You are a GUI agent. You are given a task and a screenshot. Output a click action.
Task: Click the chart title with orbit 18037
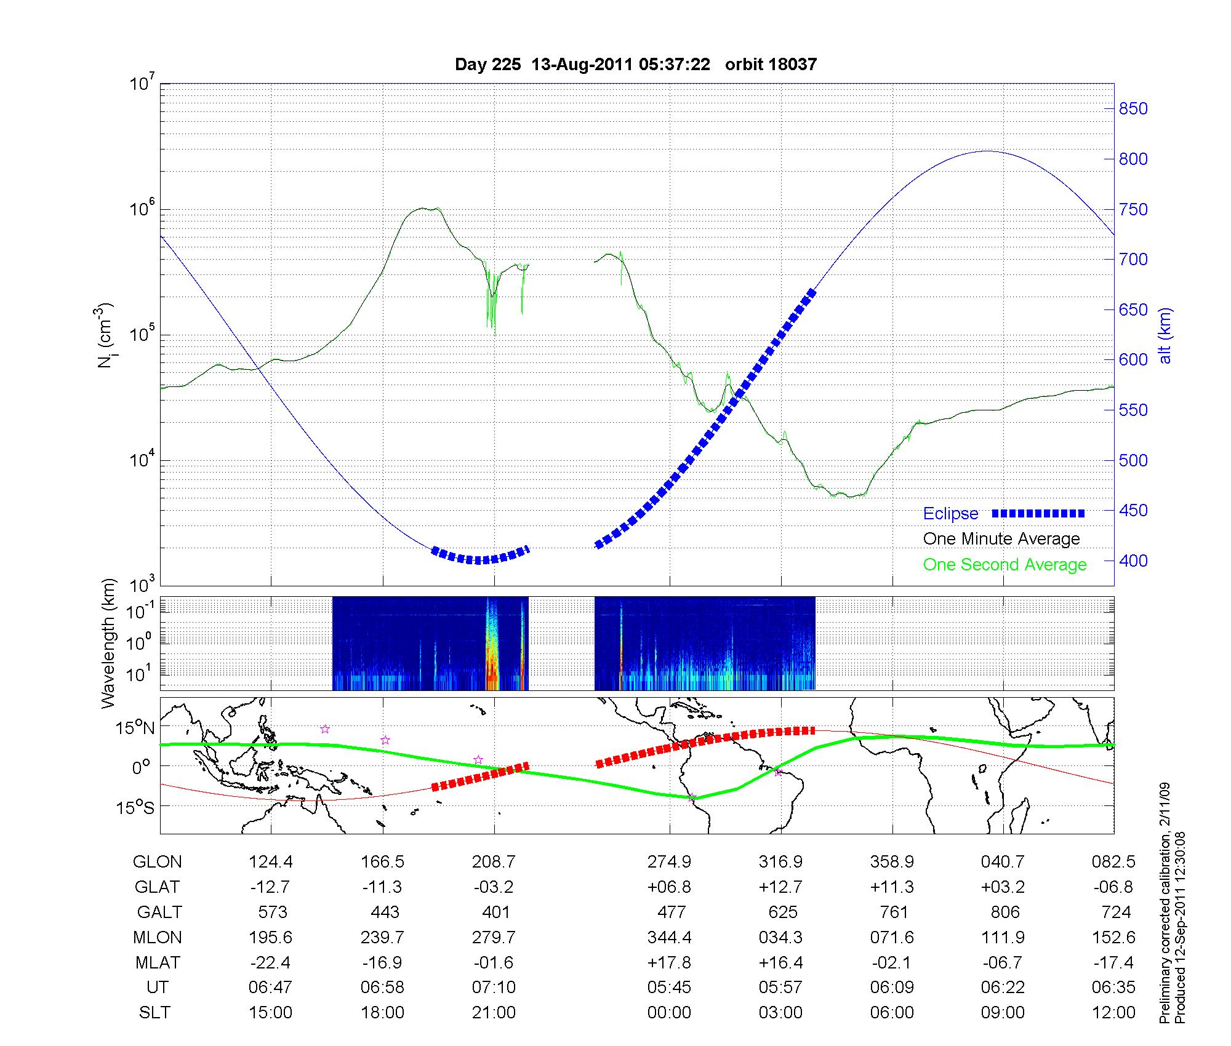(x=635, y=65)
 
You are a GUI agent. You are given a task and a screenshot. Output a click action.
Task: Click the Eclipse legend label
(x=950, y=514)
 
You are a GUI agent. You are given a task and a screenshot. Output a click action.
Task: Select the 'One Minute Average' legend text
(x=1001, y=539)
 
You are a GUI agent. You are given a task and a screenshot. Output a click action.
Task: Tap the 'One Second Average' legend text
(x=1004, y=565)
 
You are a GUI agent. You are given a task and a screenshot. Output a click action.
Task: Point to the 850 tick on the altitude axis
(x=1133, y=109)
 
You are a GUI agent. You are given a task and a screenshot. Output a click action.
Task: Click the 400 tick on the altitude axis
(x=1133, y=561)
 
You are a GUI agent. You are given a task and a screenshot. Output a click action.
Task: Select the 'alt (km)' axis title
(x=1165, y=335)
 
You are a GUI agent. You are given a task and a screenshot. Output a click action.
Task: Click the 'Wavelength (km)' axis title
(x=109, y=643)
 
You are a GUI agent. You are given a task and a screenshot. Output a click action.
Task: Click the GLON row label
(x=158, y=862)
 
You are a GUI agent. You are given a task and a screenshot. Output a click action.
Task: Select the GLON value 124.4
(x=271, y=862)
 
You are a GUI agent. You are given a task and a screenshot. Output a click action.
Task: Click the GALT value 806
(x=1005, y=912)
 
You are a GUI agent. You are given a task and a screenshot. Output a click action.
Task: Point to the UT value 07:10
(x=494, y=988)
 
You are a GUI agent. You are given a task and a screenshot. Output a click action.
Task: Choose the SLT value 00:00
(x=669, y=1013)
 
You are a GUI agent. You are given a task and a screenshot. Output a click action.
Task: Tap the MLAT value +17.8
(x=669, y=962)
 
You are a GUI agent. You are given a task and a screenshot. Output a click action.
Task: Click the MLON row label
(x=158, y=937)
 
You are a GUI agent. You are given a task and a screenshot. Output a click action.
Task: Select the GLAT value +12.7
(x=780, y=887)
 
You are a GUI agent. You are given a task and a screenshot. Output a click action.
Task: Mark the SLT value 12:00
(x=1113, y=1013)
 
